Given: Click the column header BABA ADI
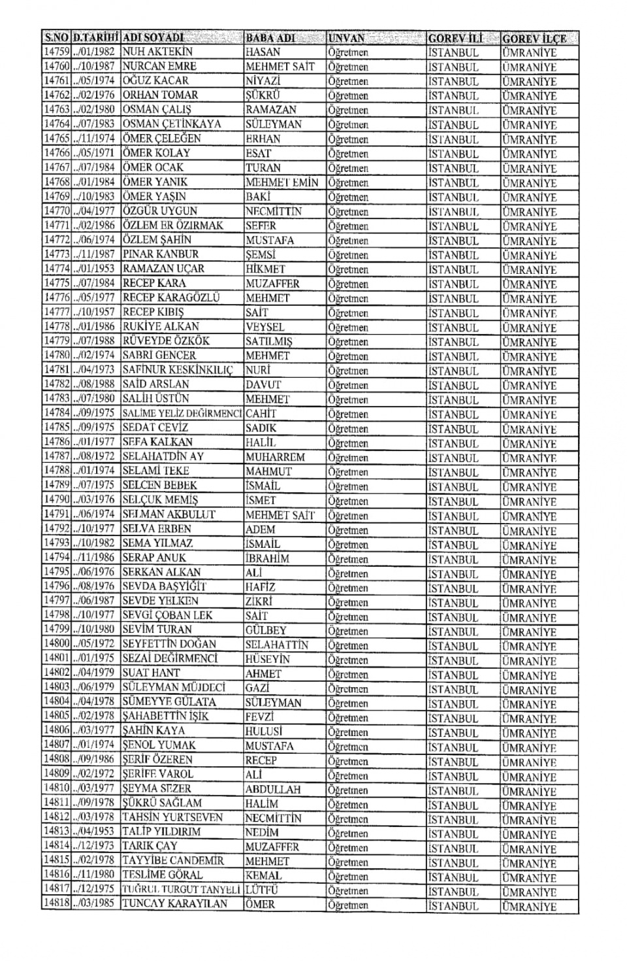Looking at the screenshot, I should pyautogui.click(x=270, y=38).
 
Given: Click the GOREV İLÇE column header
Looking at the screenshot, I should pyautogui.click(x=534, y=38).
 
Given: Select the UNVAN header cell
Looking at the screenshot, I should pyautogui.click(x=347, y=38).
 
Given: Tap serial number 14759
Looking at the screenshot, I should pyautogui.click(x=57, y=52).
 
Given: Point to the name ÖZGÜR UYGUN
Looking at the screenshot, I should pyautogui.click(x=160, y=211).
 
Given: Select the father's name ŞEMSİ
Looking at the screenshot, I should pyautogui.click(x=261, y=254).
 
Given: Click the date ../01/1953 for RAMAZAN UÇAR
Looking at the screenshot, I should pyautogui.click(x=95, y=269).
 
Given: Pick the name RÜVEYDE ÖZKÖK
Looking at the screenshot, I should pyautogui.click(x=166, y=341).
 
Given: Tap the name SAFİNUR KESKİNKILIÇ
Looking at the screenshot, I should pyautogui.click(x=178, y=370).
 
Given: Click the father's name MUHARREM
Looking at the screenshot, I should pyautogui.click(x=275, y=456).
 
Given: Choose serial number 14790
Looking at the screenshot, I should pyautogui.click(x=57, y=499).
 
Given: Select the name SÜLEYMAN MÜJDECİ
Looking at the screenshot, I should pyautogui.click(x=174, y=687).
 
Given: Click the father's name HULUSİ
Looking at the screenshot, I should pyautogui.click(x=264, y=731).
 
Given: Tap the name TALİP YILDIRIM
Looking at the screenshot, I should pyautogui.click(x=161, y=832).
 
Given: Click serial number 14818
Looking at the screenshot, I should pyautogui.click(x=57, y=904).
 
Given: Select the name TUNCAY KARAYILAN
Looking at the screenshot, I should pyautogui.click(x=175, y=904).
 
